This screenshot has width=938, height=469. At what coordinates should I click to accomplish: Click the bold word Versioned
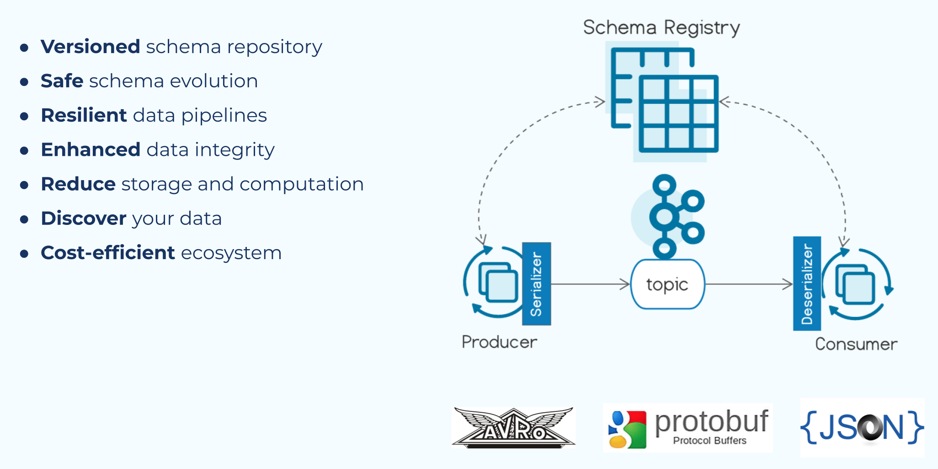click(91, 47)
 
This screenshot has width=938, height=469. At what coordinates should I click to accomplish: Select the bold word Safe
click(62, 81)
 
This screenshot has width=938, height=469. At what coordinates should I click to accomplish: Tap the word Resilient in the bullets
click(84, 115)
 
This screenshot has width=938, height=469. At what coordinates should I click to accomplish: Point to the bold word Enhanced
click(91, 149)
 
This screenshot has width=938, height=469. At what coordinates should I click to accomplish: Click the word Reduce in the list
click(78, 184)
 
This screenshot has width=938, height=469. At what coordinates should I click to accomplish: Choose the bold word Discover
click(84, 218)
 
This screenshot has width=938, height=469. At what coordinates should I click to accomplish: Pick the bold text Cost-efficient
click(108, 252)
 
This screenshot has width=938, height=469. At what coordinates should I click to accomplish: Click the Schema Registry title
click(661, 27)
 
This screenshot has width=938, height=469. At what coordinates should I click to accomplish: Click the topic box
click(667, 284)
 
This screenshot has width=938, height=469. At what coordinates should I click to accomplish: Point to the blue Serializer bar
click(537, 284)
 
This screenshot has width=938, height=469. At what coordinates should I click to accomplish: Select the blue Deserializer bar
click(807, 284)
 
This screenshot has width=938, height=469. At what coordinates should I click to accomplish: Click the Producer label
click(499, 342)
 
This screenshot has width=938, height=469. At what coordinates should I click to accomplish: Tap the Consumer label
click(856, 344)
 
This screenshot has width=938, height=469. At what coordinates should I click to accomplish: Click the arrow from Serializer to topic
click(590, 284)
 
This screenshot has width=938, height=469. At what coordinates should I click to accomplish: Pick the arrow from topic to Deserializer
click(748, 284)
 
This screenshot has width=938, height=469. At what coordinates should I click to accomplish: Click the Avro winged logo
click(514, 428)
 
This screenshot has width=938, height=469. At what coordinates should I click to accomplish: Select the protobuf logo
click(688, 428)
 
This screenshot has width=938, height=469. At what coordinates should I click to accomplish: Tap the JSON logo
click(862, 428)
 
